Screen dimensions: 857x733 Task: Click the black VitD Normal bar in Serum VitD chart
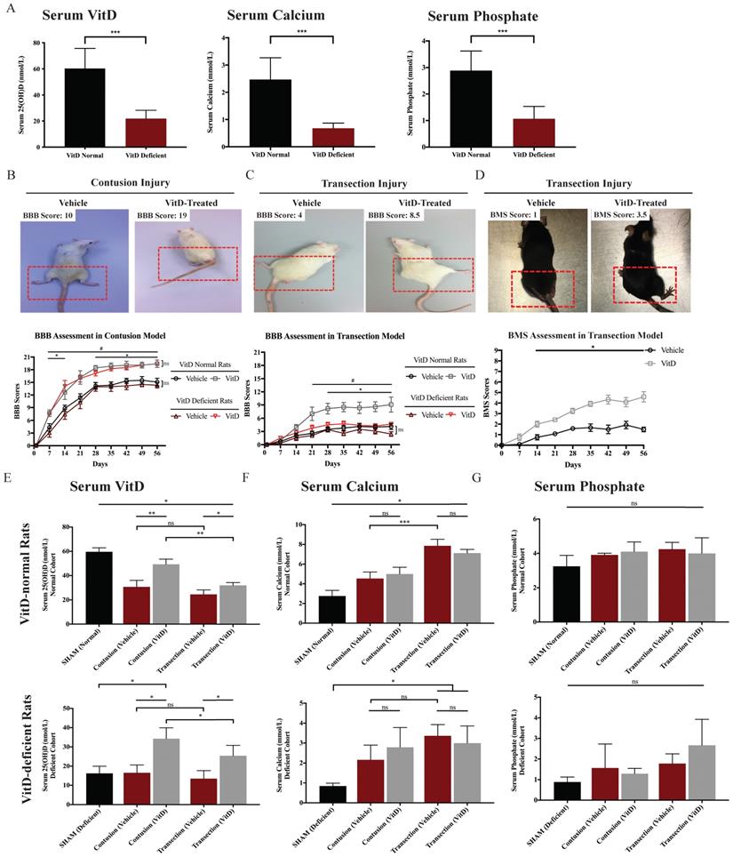[x=84, y=108]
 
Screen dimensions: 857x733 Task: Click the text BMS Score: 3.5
[x=621, y=215]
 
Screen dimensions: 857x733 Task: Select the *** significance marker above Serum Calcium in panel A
[x=301, y=31]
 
